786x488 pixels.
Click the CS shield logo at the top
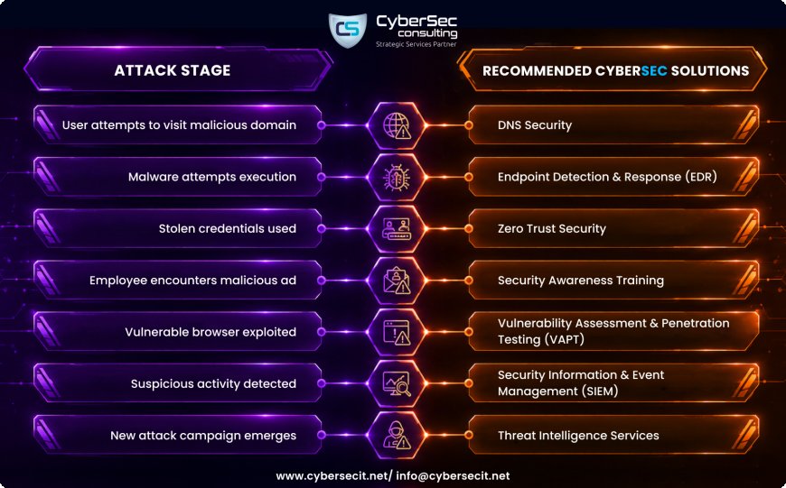click(x=347, y=30)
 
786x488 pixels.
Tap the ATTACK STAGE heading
click(x=173, y=70)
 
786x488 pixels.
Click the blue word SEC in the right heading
click(x=654, y=70)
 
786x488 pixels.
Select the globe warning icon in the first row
click(x=397, y=125)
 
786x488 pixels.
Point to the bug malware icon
click(x=397, y=177)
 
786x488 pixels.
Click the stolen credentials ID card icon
click(x=397, y=229)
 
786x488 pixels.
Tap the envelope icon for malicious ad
click(x=397, y=281)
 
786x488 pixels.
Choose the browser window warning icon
click(x=397, y=332)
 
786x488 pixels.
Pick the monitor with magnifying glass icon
click(x=397, y=384)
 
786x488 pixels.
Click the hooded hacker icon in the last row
click(x=397, y=436)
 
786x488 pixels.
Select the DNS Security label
click(x=534, y=125)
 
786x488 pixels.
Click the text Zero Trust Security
click(x=551, y=229)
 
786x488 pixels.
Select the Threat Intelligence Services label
click(x=578, y=436)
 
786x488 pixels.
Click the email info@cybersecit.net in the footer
click(x=453, y=476)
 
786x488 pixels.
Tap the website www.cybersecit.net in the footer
click(x=332, y=476)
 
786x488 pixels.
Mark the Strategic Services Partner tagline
click(x=416, y=44)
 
